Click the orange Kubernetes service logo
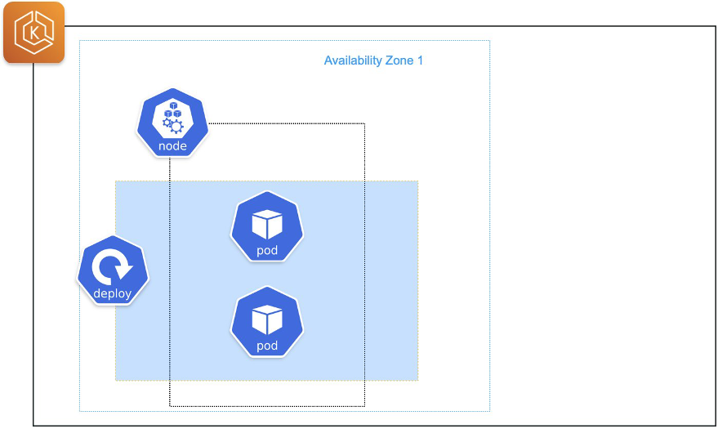[33, 33]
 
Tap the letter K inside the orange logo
[33, 33]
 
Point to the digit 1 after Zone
[420, 60]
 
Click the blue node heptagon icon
[172, 123]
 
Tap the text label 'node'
[172, 146]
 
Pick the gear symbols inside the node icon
[173, 125]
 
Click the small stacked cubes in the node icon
[172, 109]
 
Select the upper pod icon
[267, 226]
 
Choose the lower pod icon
[267, 321]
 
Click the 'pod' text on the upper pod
[267, 250]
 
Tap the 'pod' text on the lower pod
[267, 346]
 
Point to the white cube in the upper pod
[267, 223]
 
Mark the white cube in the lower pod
[267, 319]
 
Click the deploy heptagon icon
[113, 270]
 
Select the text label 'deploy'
[113, 294]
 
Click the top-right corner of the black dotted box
[364, 123]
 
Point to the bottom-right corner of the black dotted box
[364, 405]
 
